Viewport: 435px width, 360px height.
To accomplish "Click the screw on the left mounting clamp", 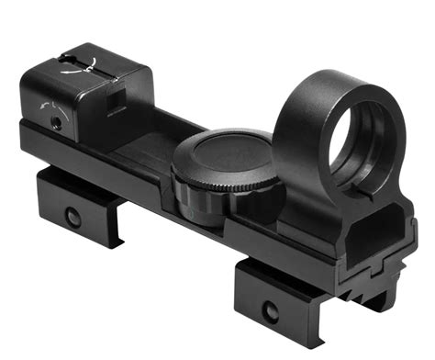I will click(72, 216).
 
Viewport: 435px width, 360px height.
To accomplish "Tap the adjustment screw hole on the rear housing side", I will click(57, 119).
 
